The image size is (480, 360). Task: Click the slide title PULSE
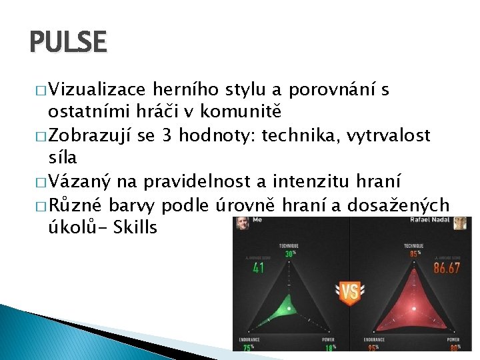pyautogui.click(x=68, y=41)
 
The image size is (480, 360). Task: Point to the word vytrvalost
pyautogui.click(x=388, y=137)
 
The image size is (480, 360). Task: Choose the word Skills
pyautogui.click(x=135, y=227)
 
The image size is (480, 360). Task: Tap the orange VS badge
pyautogui.click(x=349, y=291)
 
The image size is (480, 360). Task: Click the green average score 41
pyautogui.click(x=259, y=267)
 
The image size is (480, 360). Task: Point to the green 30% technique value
pyautogui.click(x=289, y=253)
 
